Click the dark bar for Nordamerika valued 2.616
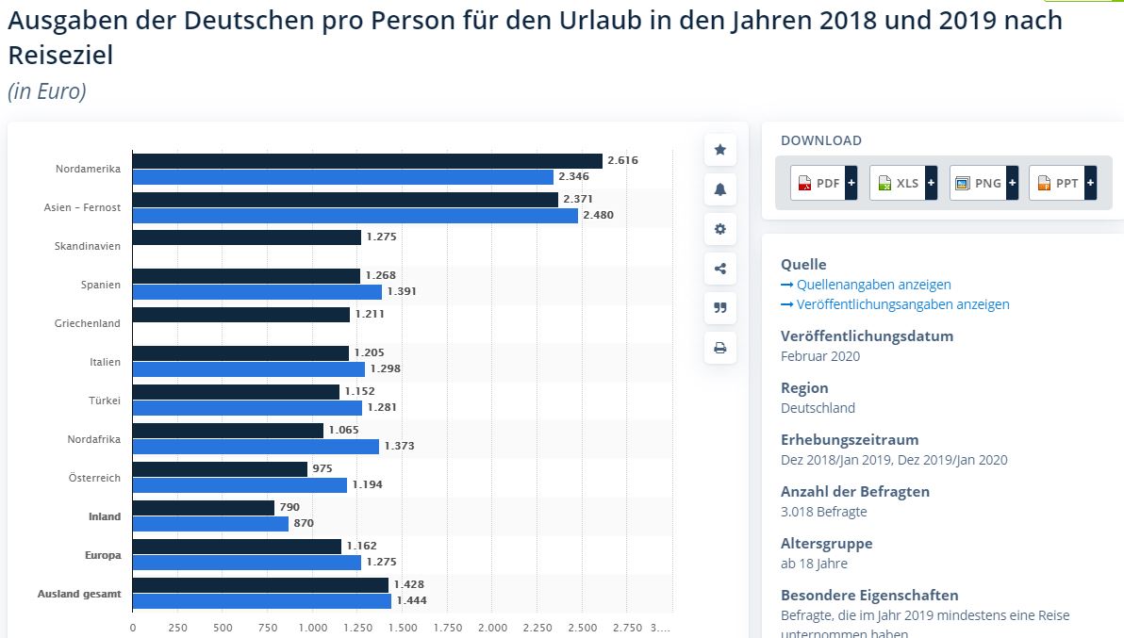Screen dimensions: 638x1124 point(367,161)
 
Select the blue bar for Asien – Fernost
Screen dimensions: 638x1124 point(355,216)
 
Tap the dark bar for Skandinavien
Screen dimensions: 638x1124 point(246,237)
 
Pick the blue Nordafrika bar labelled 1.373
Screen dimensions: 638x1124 point(256,447)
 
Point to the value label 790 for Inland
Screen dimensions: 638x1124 point(289,507)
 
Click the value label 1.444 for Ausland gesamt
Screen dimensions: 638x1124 point(410,600)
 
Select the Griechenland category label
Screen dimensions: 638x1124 point(88,323)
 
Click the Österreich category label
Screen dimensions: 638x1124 point(94,478)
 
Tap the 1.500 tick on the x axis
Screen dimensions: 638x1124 point(403,628)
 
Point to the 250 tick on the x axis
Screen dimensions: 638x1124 point(177,628)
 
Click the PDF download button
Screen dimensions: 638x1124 point(823,183)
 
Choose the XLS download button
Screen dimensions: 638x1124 point(902,183)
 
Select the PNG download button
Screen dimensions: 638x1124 point(983,183)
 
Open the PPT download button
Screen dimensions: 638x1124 point(1063,183)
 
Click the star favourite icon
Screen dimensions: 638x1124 point(720,150)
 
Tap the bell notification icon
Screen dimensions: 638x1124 point(720,189)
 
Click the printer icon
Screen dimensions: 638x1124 point(720,348)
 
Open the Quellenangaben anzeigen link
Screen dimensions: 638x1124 point(873,285)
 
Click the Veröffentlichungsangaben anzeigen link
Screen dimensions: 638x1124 point(902,304)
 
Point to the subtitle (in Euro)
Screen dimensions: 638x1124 point(47,91)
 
